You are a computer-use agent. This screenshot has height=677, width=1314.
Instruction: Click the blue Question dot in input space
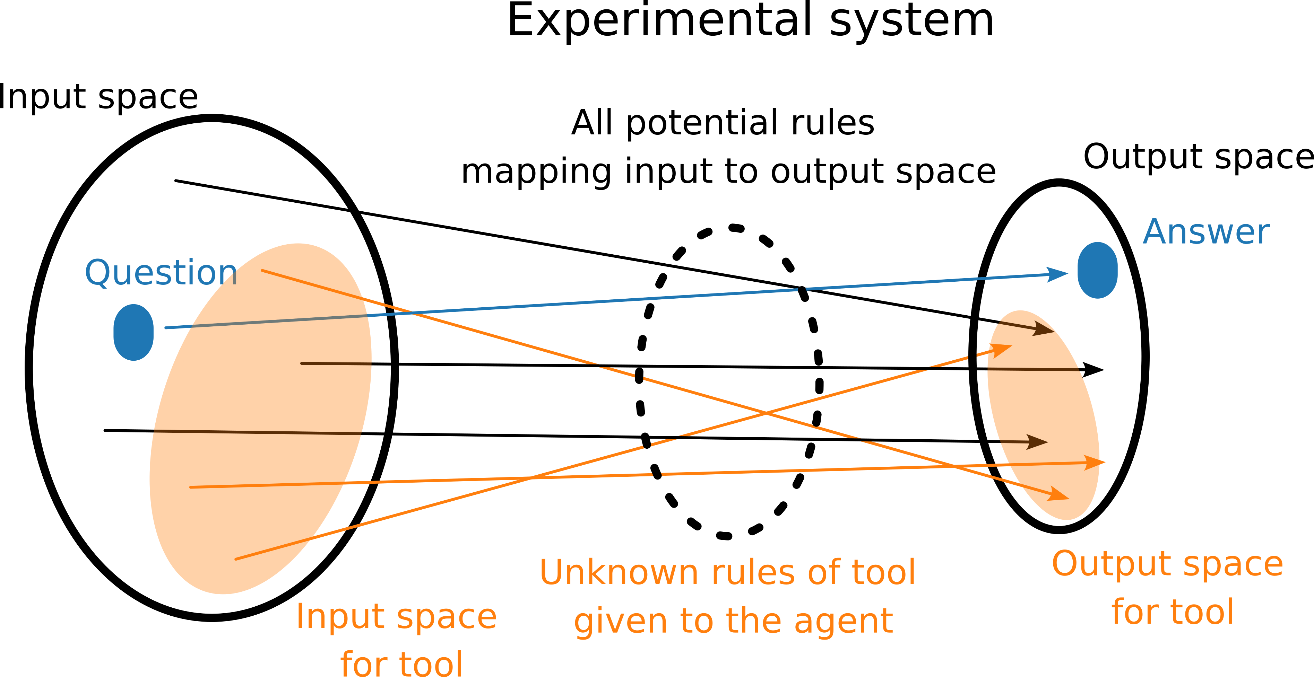tap(133, 332)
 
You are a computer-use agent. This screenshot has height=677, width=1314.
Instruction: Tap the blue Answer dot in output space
tap(1097, 270)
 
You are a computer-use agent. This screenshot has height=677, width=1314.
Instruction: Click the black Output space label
tap(1198, 157)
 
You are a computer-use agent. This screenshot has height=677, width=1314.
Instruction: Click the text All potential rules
tap(722, 123)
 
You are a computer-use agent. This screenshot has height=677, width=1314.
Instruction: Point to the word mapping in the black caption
tap(536, 172)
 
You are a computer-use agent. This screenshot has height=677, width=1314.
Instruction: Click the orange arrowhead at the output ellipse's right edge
tap(1102, 463)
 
